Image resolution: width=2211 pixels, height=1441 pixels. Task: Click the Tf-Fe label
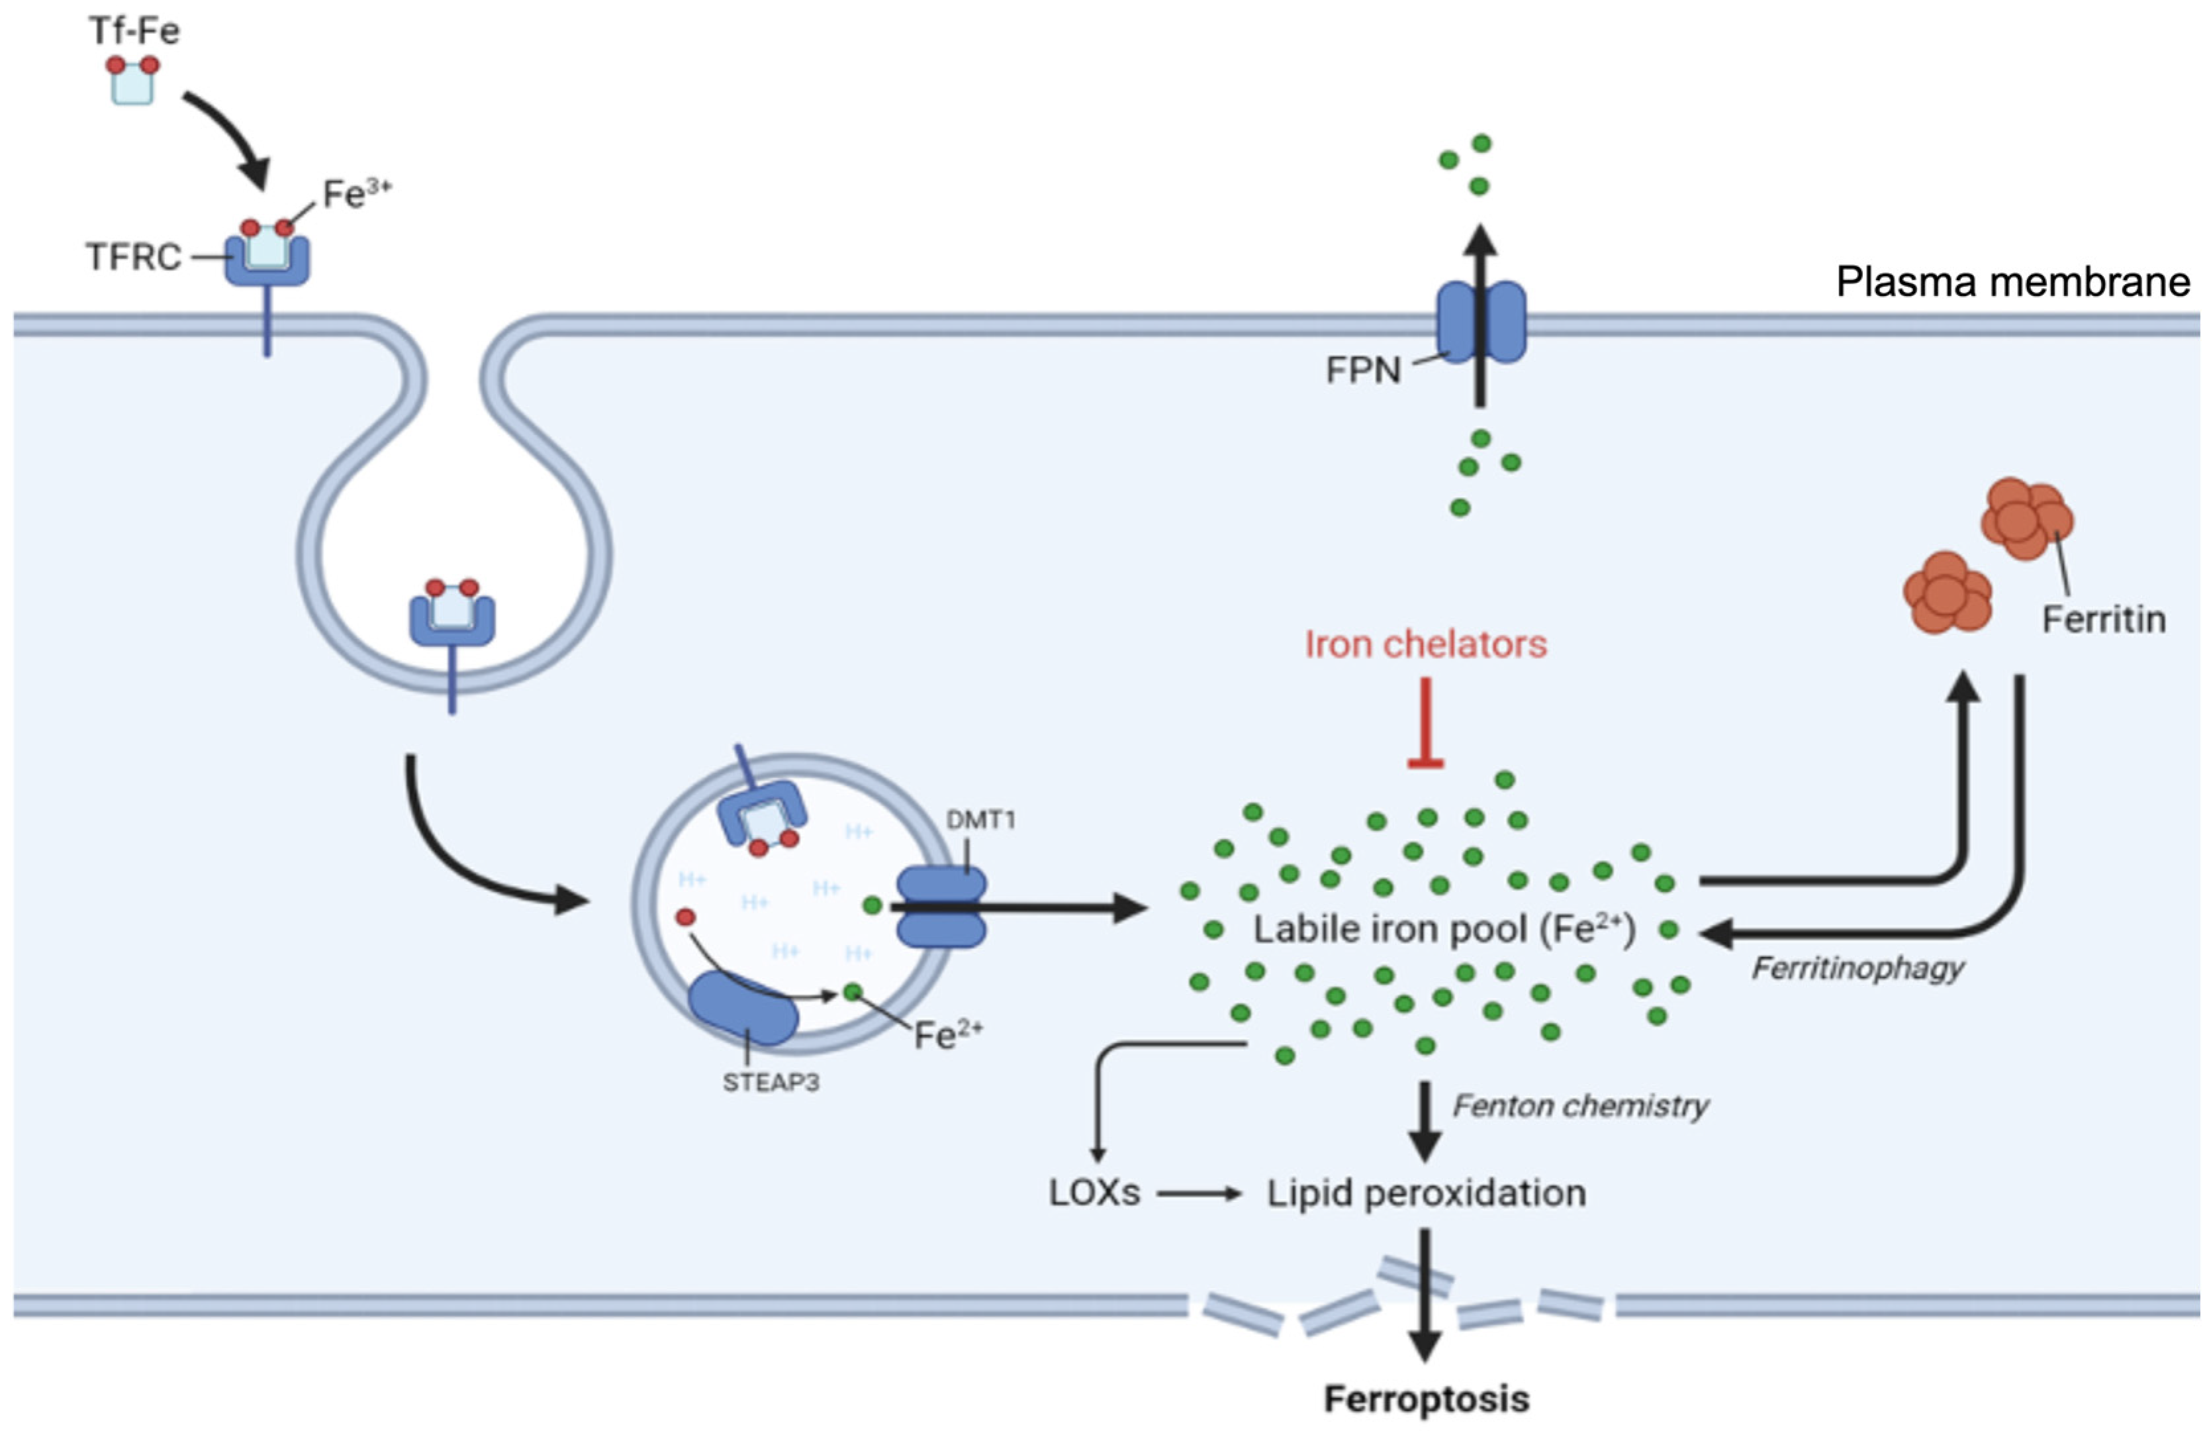point(134,30)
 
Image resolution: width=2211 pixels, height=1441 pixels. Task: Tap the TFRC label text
point(133,256)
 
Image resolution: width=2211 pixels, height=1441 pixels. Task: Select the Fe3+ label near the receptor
point(355,193)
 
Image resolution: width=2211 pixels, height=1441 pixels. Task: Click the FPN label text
point(1363,370)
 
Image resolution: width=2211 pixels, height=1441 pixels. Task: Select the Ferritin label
point(2103,619)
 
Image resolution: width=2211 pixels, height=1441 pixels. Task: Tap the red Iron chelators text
point(1425,644)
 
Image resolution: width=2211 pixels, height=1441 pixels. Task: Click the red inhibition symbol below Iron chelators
point(1425,724)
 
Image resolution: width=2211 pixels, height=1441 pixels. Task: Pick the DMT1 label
point(980,819)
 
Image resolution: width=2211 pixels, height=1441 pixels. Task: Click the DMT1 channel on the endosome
point(940,908)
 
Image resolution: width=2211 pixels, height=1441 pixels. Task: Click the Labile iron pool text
point(1444,929)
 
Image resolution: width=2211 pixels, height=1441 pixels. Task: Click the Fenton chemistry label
point(1579,1106)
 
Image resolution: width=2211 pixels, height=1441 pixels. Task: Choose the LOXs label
point(1094,1193)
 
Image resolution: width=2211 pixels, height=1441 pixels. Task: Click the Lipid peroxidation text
point(1426,1193)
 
